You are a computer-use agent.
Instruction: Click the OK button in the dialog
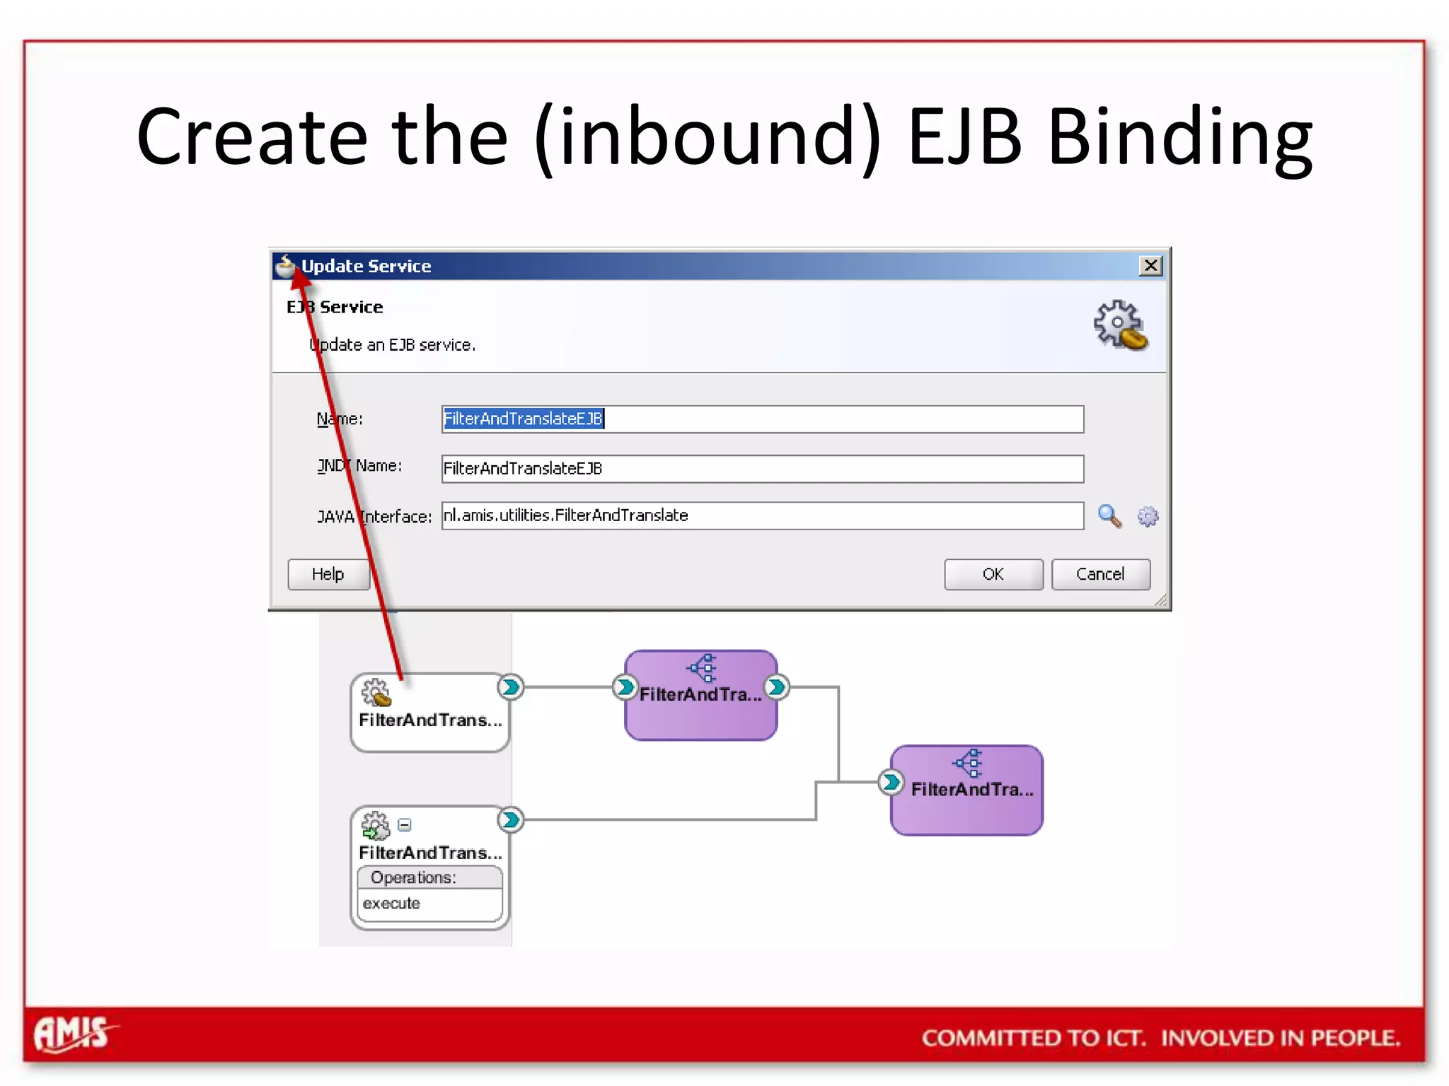993,574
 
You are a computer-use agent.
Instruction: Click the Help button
328,574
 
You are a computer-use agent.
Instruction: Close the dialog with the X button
1150,266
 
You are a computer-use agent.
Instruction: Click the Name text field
762,419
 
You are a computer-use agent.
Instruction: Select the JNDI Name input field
762,469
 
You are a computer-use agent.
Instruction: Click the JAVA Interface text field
762,515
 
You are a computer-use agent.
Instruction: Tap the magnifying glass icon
1109,516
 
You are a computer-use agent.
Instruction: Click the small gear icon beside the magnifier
1148,517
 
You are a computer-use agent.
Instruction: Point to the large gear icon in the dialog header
1120,325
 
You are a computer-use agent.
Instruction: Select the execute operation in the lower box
391,904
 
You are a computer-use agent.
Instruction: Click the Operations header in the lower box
413,877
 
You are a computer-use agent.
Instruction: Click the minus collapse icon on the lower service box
405,824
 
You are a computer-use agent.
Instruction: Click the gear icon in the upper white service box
376,692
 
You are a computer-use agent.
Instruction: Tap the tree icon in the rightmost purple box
968,763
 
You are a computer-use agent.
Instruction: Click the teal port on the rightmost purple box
891,782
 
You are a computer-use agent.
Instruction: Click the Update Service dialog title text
366,266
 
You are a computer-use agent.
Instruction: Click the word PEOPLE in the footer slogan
1355,1038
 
